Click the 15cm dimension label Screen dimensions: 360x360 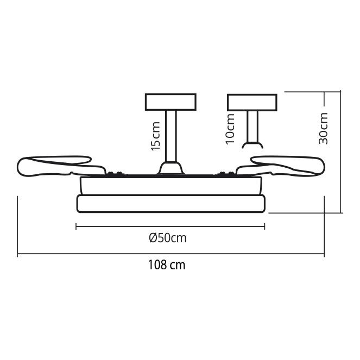[156, 136]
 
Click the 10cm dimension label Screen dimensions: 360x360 [230, 129]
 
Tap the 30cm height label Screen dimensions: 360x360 [323, 128]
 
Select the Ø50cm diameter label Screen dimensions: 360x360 [168, 238]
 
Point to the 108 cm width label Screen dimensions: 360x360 [167, 265]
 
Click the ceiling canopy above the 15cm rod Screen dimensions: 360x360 [170, 102]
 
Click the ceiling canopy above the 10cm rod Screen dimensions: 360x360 [252, 102]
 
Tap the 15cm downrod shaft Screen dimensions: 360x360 [171, 136]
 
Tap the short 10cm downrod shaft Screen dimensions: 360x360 [252, 127]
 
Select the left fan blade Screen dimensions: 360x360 [61, 167]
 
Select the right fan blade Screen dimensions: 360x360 [281, 166]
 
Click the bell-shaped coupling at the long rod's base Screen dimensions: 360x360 [171, 168]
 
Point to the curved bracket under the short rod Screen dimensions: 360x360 [252, 146]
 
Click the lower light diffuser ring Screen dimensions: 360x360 [171, 204]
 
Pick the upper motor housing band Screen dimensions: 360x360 [171, 186]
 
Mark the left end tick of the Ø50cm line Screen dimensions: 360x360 [76, 226]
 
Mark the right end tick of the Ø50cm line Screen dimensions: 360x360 [265, 226]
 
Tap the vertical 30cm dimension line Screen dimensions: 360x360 [340, 152]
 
